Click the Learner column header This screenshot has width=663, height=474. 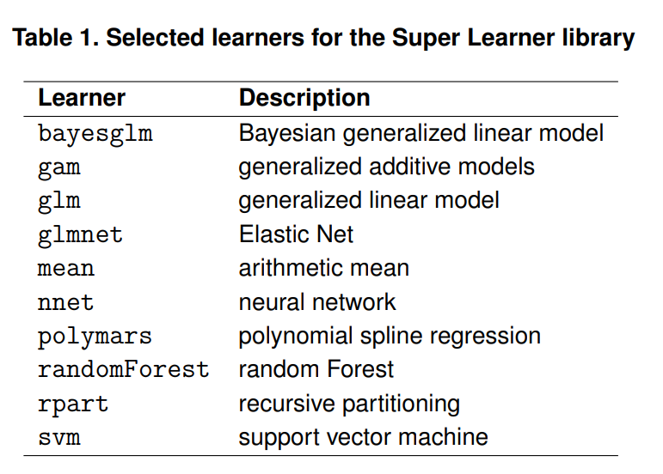[82, 98]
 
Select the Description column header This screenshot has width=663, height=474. [304, 98]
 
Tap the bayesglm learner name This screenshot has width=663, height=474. [95, 134]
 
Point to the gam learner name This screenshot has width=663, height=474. [59, 167]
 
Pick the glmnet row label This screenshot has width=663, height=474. [81, 234]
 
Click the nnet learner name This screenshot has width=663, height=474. [66, 302]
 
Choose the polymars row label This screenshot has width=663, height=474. [95, 336]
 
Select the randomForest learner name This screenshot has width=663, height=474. [123, 369]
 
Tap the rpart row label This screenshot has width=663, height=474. [73, 404]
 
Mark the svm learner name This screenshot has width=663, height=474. [59, 437]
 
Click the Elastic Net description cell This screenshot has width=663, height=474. [296, 234]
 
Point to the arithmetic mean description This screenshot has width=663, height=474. [323, 268]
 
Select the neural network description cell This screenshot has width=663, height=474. [317, 301]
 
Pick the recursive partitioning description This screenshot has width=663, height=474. [349, 403]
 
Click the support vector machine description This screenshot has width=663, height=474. [363, 436]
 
